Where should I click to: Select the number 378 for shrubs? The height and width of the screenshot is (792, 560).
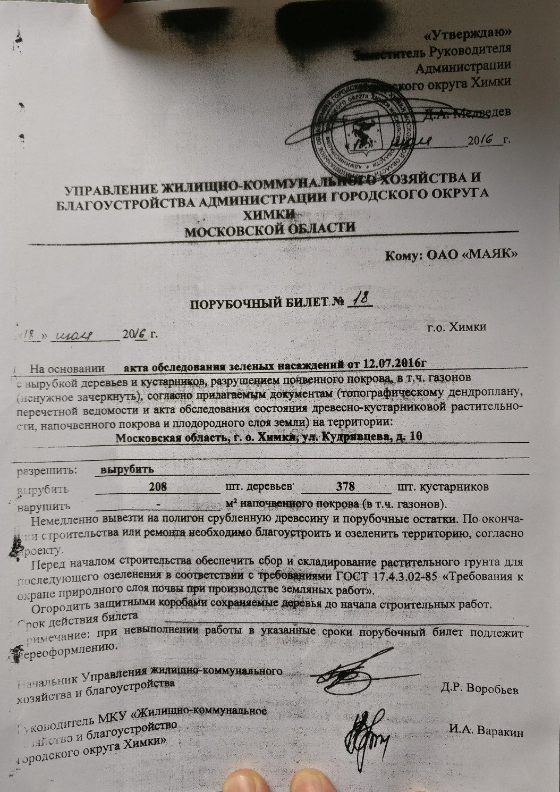coord(342,487)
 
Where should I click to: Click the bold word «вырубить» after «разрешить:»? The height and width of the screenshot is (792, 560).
coord(128,470)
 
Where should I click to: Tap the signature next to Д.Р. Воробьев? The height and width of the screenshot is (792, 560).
coord(343,677)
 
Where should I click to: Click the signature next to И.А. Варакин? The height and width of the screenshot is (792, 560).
coord(366,734)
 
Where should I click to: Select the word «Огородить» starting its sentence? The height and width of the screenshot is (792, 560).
coord(57,606)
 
